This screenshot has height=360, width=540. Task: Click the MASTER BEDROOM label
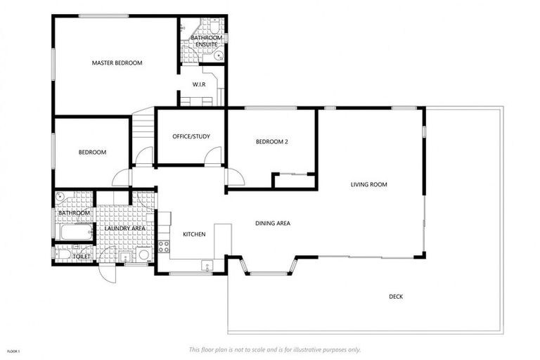point(117,63)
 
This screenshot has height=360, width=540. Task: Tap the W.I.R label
point(199,85)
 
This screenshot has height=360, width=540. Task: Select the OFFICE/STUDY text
point(191,136)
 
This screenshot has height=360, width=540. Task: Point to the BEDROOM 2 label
point(271,142)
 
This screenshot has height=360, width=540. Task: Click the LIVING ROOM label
point(369,185)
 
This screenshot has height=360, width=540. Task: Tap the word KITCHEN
point(194,234)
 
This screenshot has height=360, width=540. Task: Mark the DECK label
point(396,297)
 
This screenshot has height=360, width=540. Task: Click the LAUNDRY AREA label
point(124,229)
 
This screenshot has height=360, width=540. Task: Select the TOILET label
point(82,257)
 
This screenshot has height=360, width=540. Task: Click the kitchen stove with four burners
point(163,247)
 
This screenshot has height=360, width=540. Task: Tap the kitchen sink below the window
point(207,266)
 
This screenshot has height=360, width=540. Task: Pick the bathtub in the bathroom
point(75,232)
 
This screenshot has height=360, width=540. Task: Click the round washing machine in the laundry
point(143,255)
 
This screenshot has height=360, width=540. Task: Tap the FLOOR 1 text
point(13,351)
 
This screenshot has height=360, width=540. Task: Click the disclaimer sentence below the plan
point(275,349)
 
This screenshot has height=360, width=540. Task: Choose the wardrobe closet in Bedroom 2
point(294,181)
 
